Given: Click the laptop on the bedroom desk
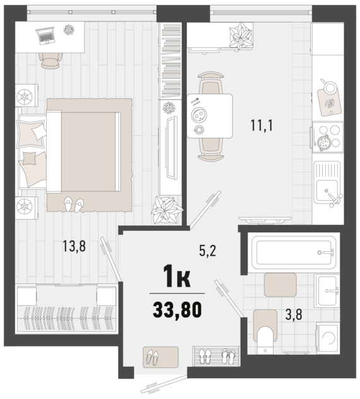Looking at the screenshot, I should coord(46,37).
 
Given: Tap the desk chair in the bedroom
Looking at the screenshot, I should coord(49,59).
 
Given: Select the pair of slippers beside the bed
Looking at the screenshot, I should coord(73,205).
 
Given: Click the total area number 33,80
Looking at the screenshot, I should coord(177,310).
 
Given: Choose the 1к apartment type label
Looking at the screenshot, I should coord(177,276).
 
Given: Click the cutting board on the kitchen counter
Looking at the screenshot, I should coord(329,98).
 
